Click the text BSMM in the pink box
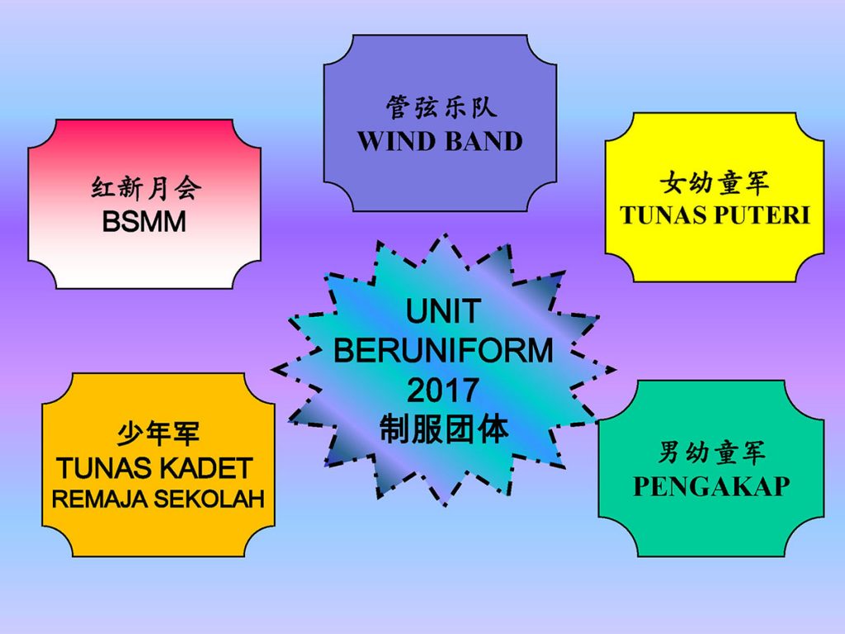pyautogui.click(x=144, y=221)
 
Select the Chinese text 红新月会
pyautogui.click(x=146, y=188)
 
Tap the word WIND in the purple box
pyautogui.click(x=396, y=141)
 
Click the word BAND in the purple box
pyautogui.click(x=484, y=141)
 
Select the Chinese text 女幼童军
pyautogui.click(x=715, y=182)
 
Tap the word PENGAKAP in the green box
pyautogui.click(x=711, y=486)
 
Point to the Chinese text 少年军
pyautogui.click(x=158, y=434)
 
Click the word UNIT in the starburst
pyautogui.click(x=443, y=311)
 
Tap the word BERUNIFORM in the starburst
pyautogui.click(x=443, y=350)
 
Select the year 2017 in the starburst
pyautogui.click(x=443, y=390)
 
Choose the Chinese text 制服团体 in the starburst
pyautogui.click(x=443, y=429)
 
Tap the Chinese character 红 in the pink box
pyautogui.click(x=103, y=188)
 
